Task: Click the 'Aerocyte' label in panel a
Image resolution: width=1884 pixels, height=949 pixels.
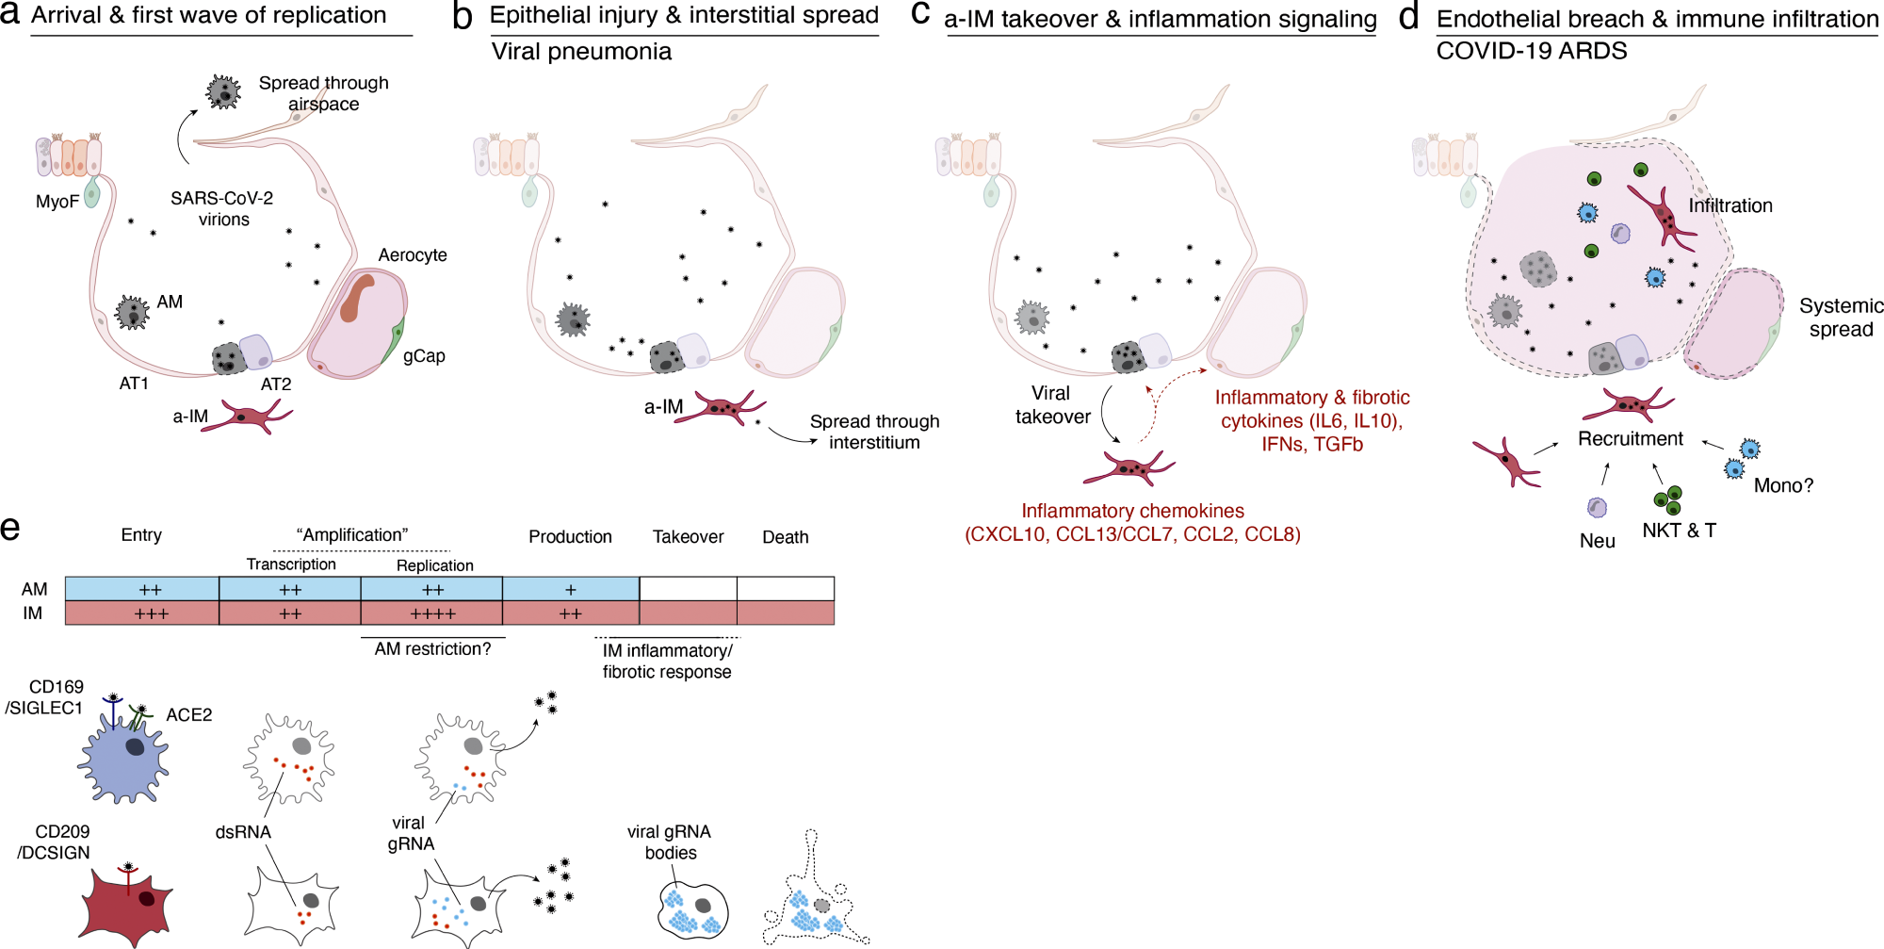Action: coord(412,254)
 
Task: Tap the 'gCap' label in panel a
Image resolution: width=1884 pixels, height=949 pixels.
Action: coord(423,355)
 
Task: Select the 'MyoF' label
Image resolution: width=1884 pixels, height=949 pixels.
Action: coord(57,201)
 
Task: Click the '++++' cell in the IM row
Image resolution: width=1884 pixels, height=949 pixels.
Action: coord(431,614)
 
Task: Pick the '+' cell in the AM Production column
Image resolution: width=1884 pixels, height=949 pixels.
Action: coord(570,589)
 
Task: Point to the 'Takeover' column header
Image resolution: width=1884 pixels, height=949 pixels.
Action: coord(688,536)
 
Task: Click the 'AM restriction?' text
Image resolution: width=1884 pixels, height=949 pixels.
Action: coord(432,649)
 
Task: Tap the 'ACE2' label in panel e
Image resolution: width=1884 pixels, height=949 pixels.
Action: coord(188,714)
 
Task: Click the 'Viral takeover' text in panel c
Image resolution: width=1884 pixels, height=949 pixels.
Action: coord(1052,405)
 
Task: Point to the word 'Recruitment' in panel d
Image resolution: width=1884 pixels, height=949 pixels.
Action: coord(1630,438)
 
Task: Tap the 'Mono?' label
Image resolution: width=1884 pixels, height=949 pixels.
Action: coord(1782,485)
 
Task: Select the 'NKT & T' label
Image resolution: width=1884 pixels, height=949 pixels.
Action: coord(1679,531)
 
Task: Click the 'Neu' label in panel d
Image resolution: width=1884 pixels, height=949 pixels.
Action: coord(1597,541)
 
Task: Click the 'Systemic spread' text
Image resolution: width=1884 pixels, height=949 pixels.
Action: coord(1840,318)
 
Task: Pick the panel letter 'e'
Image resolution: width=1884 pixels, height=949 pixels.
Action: coord(10,528)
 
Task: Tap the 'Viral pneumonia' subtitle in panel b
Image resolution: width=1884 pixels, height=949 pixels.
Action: coord(581,52)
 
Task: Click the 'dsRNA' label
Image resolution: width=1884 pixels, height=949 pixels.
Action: coord(243,832)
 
